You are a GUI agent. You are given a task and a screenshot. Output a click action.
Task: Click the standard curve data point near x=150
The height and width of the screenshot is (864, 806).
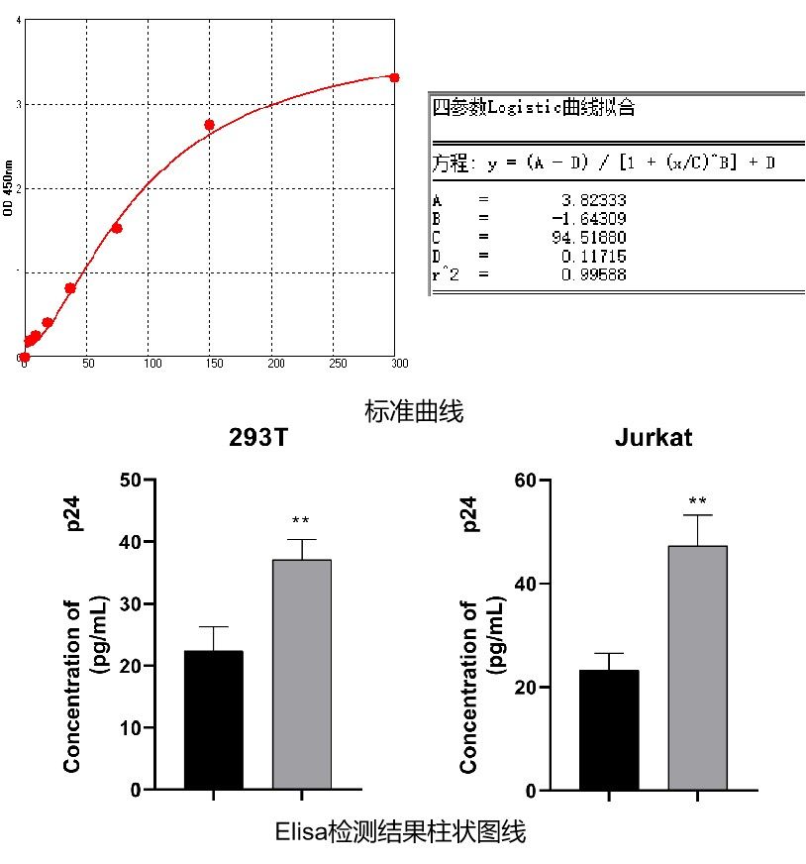(209, 125)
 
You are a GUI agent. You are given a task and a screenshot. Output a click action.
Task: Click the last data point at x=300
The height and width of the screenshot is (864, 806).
(394, 77)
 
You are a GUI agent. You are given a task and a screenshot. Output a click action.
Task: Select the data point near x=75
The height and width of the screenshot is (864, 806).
(116, 228)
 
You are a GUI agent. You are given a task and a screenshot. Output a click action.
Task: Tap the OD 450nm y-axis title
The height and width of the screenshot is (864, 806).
(9, 187)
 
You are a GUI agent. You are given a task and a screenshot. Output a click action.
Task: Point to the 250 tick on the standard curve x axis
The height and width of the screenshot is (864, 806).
(335, 364)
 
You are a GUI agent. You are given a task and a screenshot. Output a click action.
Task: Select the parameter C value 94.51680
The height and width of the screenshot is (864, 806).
(595, 238)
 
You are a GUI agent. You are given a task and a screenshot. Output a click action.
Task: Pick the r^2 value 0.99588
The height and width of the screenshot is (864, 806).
(595, 274)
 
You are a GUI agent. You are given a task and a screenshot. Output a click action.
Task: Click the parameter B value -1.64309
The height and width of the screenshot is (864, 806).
(593, 219)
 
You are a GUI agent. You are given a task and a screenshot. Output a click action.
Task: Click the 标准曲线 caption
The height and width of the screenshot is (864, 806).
(414, 411)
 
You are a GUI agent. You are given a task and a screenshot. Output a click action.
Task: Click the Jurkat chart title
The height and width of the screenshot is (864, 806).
(654, 439)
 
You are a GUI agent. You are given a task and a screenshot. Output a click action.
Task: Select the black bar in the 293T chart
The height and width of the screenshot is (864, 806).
(213, 720)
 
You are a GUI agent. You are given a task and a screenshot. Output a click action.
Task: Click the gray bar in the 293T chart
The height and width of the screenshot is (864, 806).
(301, 675)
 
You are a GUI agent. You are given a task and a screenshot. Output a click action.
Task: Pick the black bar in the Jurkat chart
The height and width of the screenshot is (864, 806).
(609, 730)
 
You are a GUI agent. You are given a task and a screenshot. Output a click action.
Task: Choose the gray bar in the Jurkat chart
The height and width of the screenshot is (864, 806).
(697, 668)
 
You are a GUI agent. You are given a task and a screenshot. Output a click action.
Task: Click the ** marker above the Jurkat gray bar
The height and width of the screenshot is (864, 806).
(697, 501)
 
